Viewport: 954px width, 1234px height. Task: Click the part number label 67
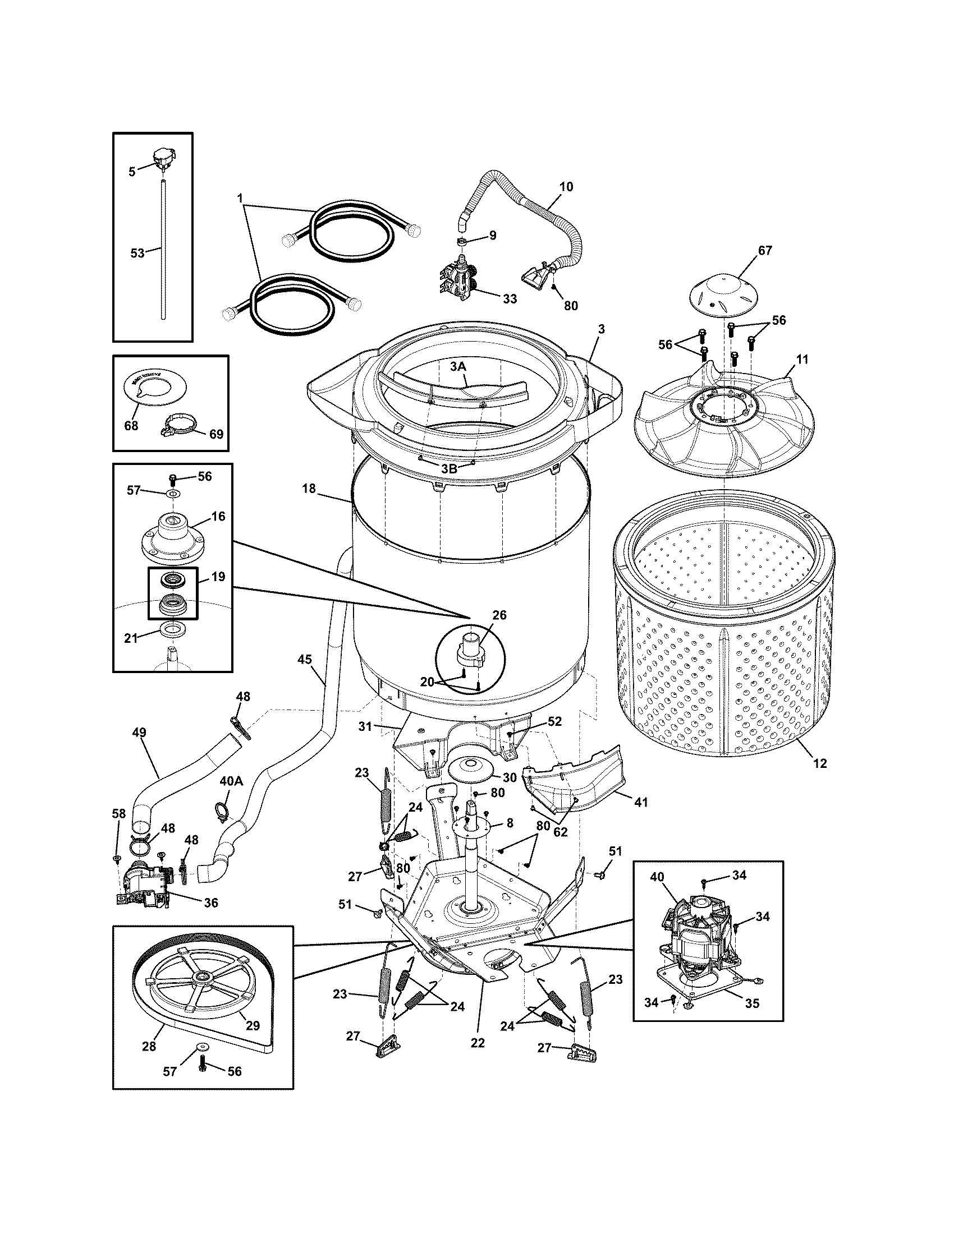point(765,250)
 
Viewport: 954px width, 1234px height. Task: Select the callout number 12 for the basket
point(819,763)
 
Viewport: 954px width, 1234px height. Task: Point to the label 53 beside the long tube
point(137,254)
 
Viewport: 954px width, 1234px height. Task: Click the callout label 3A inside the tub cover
point(458,366)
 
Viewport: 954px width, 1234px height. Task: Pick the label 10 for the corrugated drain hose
point(566,186)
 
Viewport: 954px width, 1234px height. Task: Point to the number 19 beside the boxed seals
point(218,576)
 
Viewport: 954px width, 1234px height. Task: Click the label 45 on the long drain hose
point(305,660)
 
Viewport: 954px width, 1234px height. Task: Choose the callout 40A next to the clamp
point(231,781)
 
